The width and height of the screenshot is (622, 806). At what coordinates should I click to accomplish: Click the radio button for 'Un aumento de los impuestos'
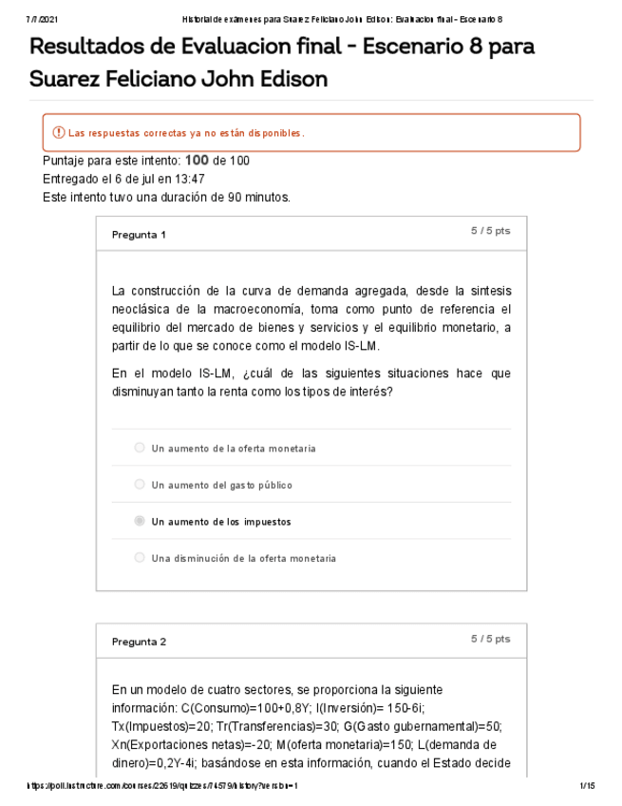click(140, 521)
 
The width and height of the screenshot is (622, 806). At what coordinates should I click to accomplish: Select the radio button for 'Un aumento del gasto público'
click(140, 485)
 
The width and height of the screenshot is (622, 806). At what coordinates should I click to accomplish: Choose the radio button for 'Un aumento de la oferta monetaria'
click(140, 448)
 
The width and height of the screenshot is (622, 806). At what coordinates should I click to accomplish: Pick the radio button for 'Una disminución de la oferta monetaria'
click(140, 558)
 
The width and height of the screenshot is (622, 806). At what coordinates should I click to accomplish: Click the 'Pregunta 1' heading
click(139, 235)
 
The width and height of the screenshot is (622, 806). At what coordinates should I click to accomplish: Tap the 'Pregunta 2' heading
click(139, 642)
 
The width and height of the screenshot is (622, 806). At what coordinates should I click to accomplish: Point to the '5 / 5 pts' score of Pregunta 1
click(490, 231)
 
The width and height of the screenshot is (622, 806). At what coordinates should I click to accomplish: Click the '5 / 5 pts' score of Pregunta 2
click(490, 639)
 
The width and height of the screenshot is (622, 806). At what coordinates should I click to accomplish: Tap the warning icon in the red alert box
click(59, 132)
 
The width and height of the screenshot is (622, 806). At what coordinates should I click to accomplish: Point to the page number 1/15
click(586, 786)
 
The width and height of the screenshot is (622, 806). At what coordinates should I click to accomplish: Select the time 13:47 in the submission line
click(185, 179)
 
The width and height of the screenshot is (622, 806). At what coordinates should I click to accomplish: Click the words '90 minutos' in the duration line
click(258, 197)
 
